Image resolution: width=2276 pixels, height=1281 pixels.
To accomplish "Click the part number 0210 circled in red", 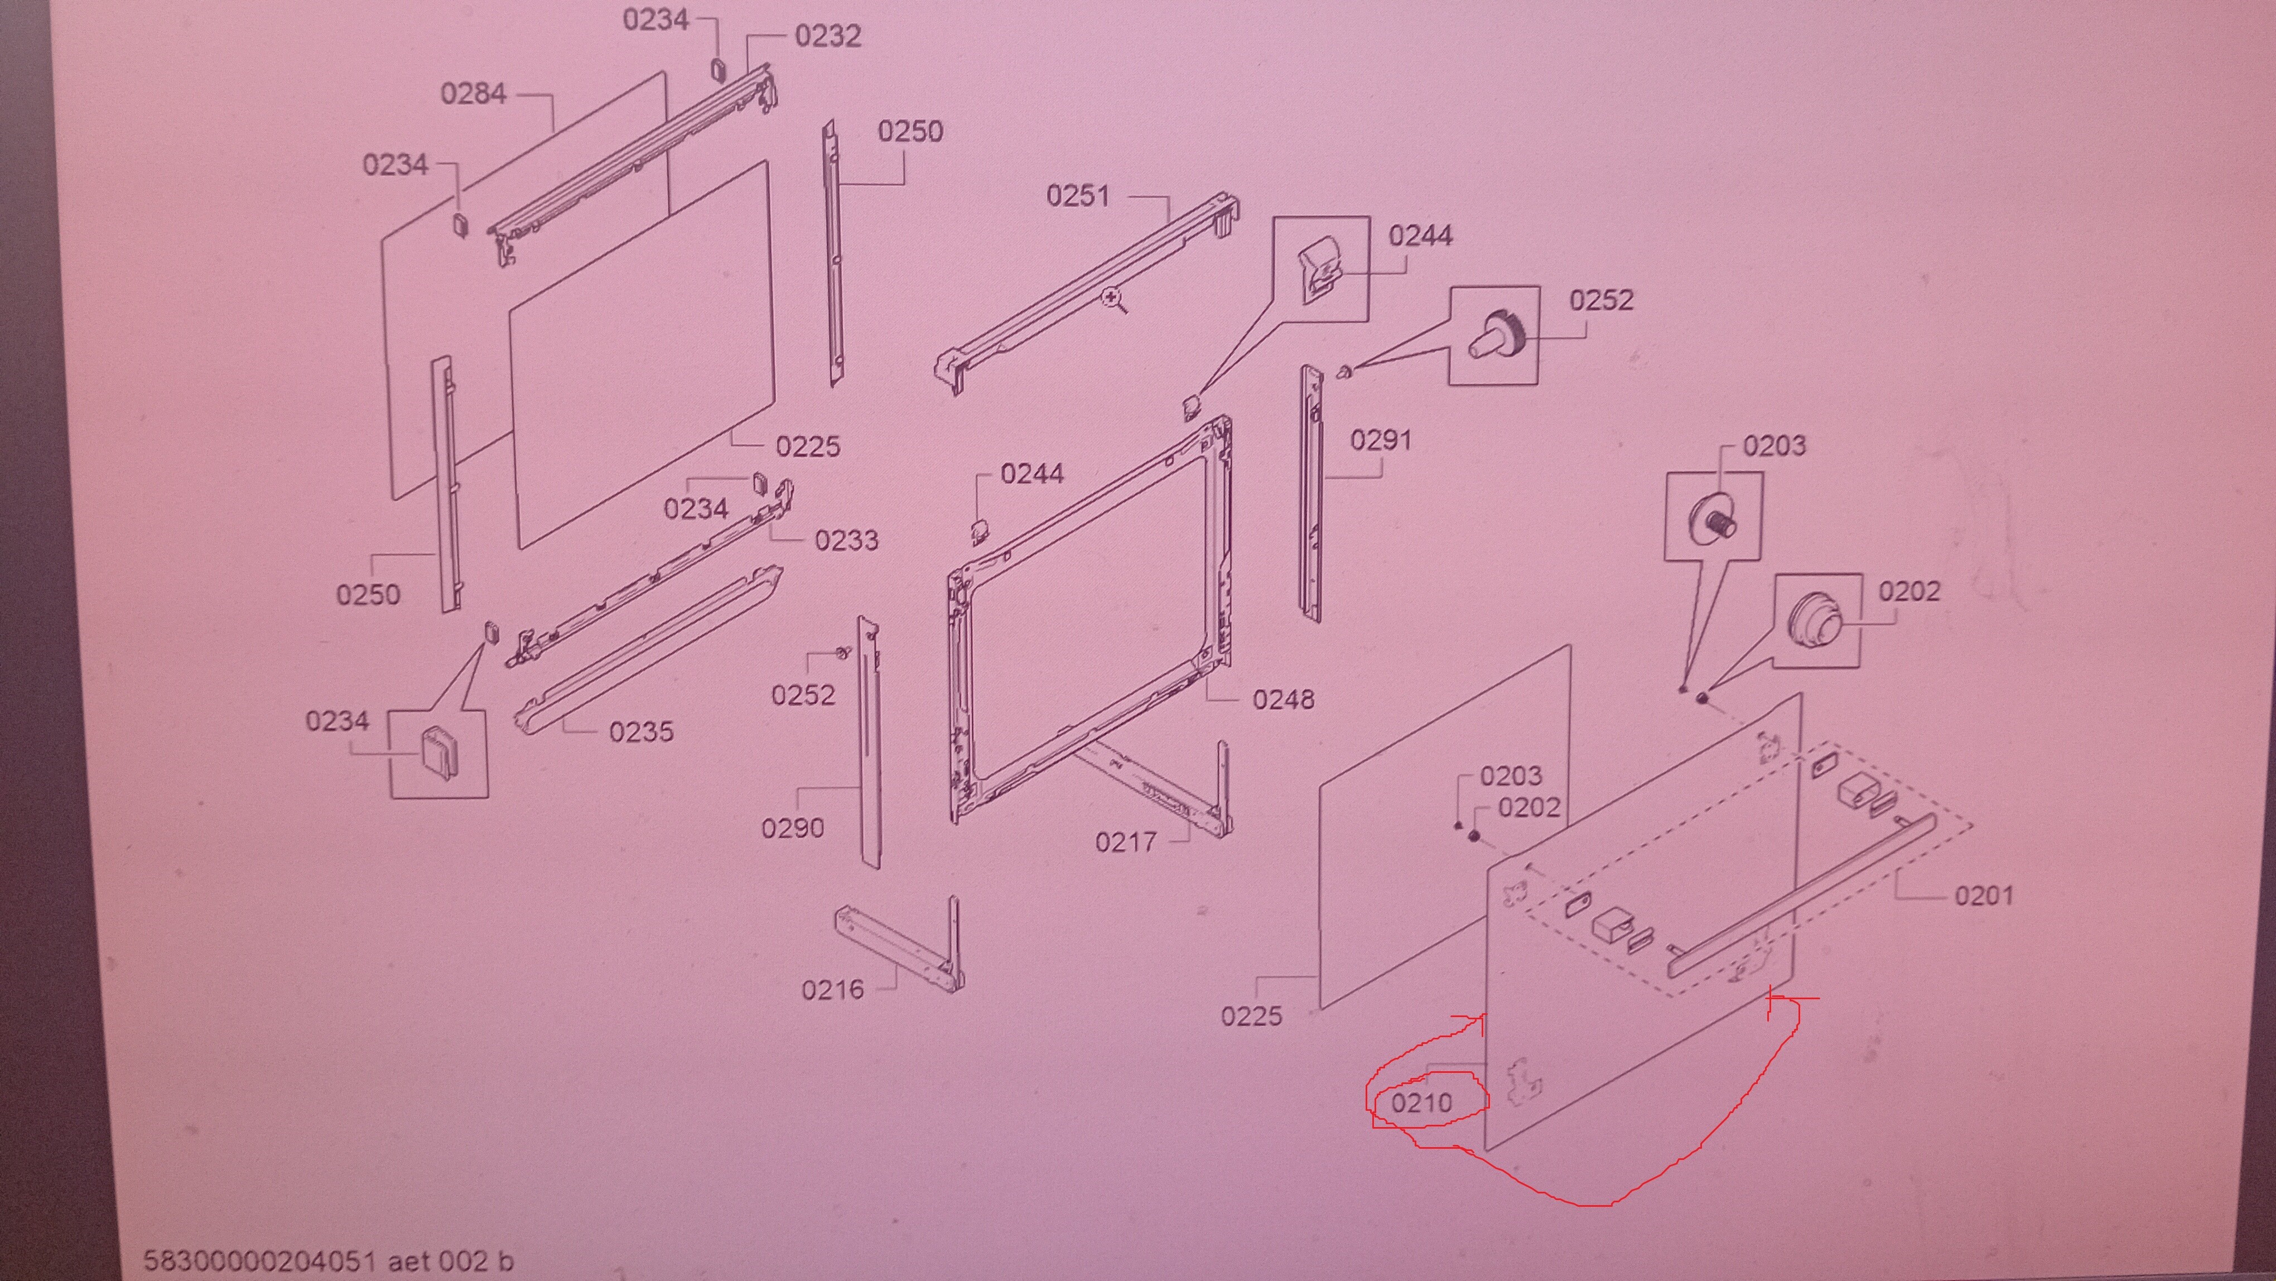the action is [x=1421, y=1102].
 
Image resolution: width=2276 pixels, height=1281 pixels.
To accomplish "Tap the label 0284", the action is [x=474, y=94].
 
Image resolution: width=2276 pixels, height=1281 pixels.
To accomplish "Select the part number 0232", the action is [x=828, y=36].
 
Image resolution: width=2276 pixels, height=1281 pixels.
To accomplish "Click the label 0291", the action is [x=1381, y=440].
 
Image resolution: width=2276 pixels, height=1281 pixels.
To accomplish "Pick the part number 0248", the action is [x=1284, y=700].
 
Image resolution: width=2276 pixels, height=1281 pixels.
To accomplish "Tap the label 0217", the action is [x=1126, y=842].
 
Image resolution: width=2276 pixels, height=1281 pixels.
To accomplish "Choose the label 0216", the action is [x=832, y=989].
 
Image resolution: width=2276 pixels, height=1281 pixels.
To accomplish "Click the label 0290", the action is [x=793, y=829].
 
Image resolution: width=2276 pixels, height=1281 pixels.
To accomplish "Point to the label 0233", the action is [x=846, y=540].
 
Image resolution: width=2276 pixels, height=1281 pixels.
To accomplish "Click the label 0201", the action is [x=1984, y=896].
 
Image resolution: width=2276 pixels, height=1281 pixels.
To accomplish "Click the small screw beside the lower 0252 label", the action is [x=842, y=653].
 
